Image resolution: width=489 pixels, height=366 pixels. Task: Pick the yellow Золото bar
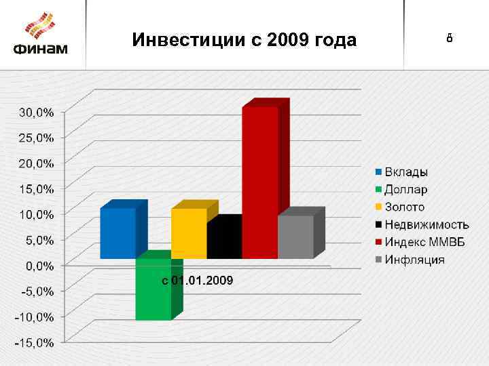coord(189,233)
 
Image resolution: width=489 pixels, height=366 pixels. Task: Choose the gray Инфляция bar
coord(295,237)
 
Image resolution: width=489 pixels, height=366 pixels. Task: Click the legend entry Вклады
coord(407,172)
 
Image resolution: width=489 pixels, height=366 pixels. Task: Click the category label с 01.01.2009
coord(197,280)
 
